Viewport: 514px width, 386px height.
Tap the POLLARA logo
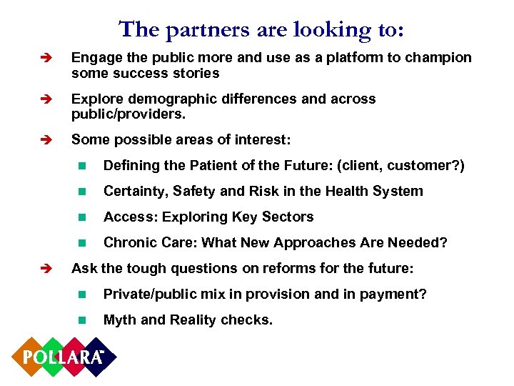(x=63, y=356)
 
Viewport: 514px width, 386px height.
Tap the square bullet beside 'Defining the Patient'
(x=82, y=166)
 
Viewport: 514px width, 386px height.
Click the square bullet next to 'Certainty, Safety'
(x=82, y=192)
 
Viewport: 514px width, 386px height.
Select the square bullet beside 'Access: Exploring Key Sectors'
(x=82, y=217)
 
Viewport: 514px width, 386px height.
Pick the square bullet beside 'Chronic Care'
(x=82, y=243)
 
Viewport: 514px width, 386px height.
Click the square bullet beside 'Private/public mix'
(x=82, y=295)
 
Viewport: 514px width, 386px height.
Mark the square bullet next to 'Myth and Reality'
(x=82, y=320)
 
